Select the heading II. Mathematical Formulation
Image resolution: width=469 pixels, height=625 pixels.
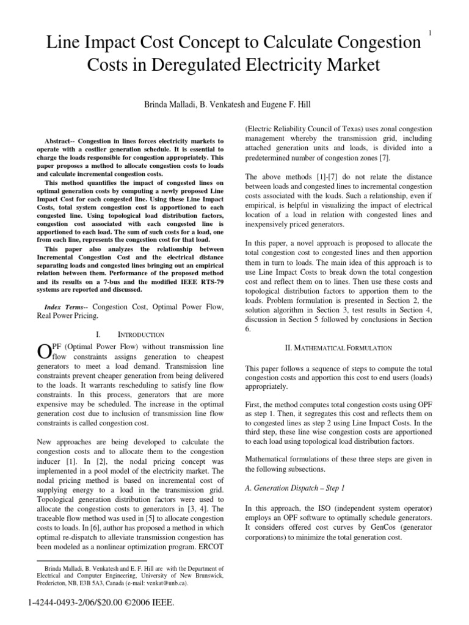[x=338, y=347]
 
